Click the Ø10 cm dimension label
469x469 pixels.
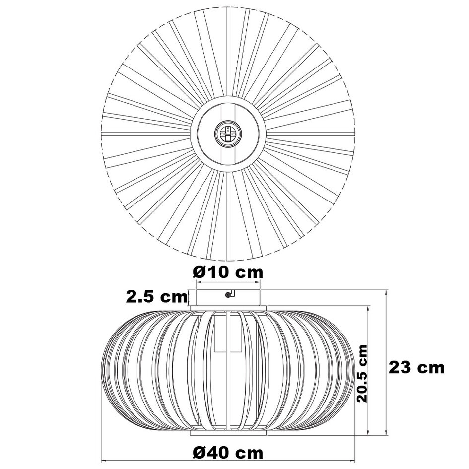point(227,272)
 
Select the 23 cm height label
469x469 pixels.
point(416,368)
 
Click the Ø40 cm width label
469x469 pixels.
point(227,453)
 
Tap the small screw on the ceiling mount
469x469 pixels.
point(228,294)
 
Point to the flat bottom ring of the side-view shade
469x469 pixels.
point(228,433)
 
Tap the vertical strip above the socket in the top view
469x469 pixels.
point(228,112)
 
